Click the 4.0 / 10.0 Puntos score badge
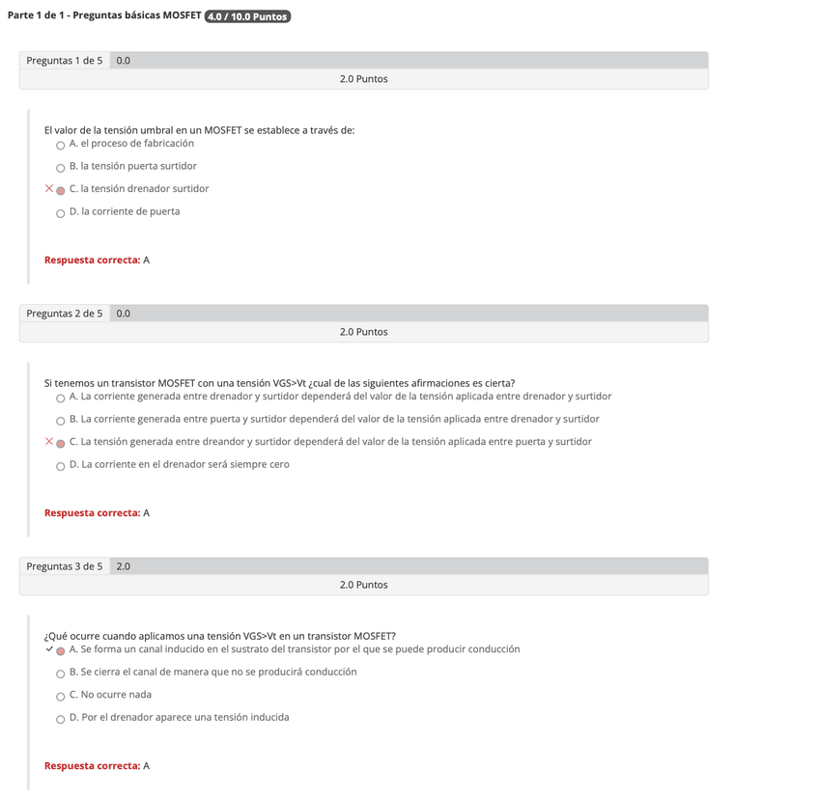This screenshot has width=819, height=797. (x=248, y=16)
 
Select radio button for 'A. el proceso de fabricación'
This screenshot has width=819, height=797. (x=61, y=145)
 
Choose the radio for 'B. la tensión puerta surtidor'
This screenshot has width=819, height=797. (x=61, y=168)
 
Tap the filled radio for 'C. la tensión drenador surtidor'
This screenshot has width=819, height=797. (x=61, y=190)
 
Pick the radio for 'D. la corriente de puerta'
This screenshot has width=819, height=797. (x=61, y=213)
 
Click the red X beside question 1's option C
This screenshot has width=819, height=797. (x=48, y=189)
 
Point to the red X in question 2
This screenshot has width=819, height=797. (x=48, y=442)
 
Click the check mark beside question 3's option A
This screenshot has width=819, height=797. (x=48, y=649)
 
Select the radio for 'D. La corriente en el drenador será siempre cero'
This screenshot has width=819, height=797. (x=61, y=466)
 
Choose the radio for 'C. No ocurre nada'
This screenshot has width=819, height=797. (x=61, y=696)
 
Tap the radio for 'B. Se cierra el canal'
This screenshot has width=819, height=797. (x=61, y=673)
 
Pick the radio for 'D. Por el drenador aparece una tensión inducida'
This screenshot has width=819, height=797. (x=61, y=719)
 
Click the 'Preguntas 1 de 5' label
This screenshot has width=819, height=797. (x=64, y=61)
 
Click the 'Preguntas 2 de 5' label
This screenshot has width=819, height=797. (x=64, y=314)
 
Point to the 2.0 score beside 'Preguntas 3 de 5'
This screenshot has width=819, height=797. (x=124, y=566)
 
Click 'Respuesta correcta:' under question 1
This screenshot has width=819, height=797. (x=92, y=261)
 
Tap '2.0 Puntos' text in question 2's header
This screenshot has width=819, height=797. (x=363, y=332)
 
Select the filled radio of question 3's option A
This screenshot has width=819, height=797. (x=61, y=650)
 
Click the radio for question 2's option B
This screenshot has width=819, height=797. (x=61, y=421)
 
